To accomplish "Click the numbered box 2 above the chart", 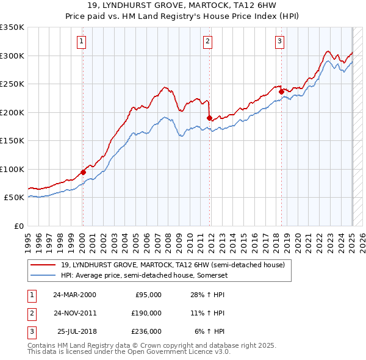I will click(208, 41).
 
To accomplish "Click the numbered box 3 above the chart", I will click(279, 41).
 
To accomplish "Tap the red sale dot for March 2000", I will click(83, 172).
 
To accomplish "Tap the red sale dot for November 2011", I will click(209, 118).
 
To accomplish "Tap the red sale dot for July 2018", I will click(282, 92).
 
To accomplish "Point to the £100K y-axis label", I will click(12, 169).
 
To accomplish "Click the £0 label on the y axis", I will click(18, 226).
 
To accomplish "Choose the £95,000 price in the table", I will click(147, 294).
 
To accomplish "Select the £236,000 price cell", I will click(147, 331).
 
